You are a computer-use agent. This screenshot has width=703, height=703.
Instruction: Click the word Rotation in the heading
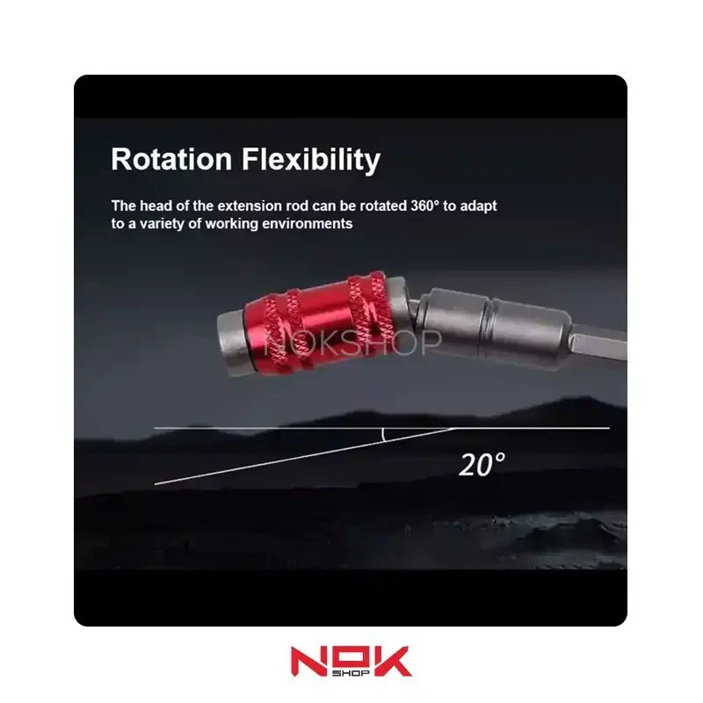pos(171,159)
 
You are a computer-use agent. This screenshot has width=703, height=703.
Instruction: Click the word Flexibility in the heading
pos(311,161)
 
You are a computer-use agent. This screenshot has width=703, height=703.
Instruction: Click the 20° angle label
pos(482,465)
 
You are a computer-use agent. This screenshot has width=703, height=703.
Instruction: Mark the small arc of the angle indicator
pos(383,435)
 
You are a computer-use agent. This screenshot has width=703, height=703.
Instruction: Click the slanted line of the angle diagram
pos(305,456)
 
